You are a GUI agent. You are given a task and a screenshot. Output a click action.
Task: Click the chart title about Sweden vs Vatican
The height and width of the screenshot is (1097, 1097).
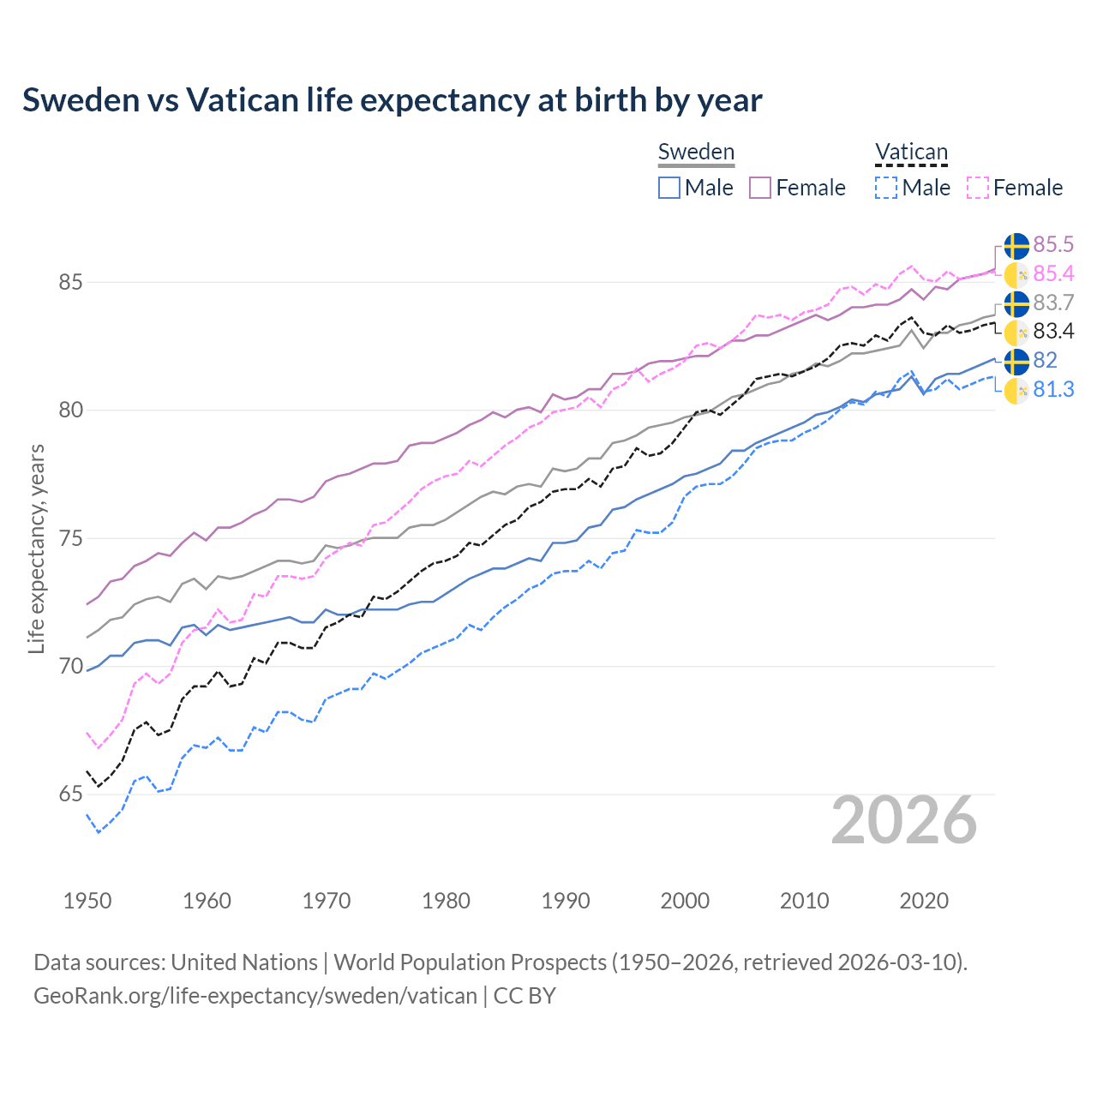click(392, 100)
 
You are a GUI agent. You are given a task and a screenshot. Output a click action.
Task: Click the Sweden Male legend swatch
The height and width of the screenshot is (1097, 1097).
click(669, 188)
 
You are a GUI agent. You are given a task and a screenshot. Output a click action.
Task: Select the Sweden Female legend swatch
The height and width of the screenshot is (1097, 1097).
click(760, 188)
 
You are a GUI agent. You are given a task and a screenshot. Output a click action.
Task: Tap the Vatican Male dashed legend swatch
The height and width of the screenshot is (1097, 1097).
click(886, 188)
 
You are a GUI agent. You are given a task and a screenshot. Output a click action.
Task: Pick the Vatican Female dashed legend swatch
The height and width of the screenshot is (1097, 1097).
click(978, 188)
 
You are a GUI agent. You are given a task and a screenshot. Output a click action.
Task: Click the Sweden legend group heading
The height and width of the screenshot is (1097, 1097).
click(696, 152)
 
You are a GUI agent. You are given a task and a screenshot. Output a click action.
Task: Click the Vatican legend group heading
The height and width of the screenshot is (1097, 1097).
click(911, 153)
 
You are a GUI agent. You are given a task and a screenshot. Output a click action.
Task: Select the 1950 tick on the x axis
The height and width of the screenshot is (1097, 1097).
click(87, 901)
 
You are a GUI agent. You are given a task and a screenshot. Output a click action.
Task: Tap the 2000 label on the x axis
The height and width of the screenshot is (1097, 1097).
click(685, 901)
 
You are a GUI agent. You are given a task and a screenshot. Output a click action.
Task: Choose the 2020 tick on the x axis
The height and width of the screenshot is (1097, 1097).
click(924, 901)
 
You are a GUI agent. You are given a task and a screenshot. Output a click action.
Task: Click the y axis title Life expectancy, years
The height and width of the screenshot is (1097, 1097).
click(36, 548)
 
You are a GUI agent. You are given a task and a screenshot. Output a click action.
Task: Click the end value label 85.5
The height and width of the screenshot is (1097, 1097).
click(1053, 245)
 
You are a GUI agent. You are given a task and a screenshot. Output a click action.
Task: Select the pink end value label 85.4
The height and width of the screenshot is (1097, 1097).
click(1053, 274)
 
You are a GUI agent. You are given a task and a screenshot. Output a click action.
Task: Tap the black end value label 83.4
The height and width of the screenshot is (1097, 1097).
click(1053, 332)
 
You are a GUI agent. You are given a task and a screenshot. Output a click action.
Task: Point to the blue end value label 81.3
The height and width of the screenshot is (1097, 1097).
click(1053, 390)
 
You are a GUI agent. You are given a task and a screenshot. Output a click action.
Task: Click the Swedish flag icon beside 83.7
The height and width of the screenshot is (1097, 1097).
click(1016, 303)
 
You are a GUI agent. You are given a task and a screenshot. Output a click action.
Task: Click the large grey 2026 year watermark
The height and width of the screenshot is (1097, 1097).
click(904, 820)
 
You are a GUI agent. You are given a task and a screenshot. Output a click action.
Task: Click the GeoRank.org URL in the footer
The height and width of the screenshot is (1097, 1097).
click(255, 996)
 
